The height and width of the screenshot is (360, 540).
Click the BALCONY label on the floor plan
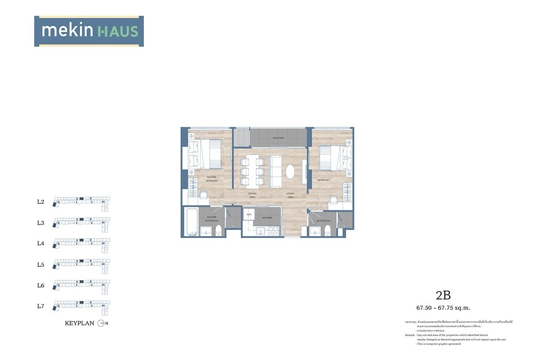click(279, 138)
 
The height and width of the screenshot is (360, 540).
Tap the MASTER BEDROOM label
click(211, 179)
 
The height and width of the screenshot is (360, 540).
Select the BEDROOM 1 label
click(324, 180)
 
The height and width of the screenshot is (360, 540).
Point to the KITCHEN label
click(267, 218)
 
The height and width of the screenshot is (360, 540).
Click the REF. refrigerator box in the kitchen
click(248, 216)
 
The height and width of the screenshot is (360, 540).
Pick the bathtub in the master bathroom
click(191, 222)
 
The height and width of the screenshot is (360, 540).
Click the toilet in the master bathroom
click(219, 230)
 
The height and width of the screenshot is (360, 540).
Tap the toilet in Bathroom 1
click(327, 230)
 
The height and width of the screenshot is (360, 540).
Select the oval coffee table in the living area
click(291, 171)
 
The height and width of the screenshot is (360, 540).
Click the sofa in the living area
click(275, 171)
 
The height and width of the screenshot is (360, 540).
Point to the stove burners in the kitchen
click(273, 230)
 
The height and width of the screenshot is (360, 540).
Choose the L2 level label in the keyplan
click(40, 202)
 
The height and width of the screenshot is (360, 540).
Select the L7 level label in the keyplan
click(40, 306)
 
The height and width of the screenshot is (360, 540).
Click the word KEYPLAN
click(79, 323)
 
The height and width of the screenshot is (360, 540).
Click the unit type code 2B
click(443, 295)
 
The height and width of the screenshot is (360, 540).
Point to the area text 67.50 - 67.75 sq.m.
click(443, 308)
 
